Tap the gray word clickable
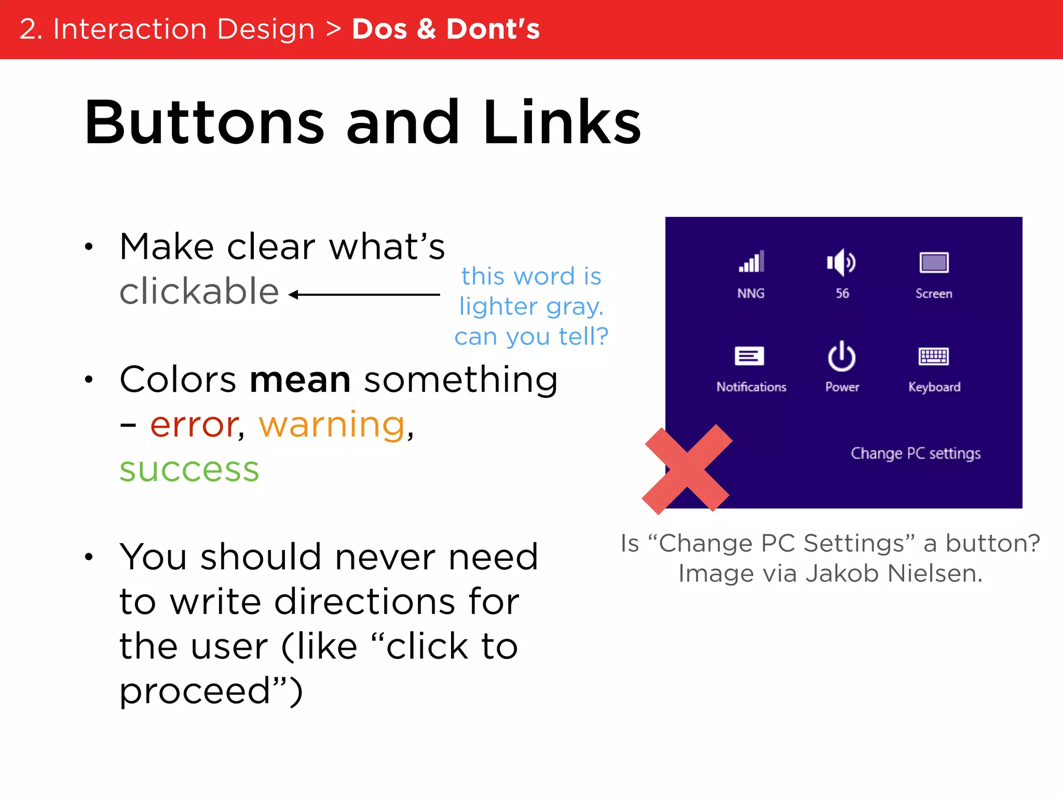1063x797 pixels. pos(199,292)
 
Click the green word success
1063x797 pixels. pos(189,470)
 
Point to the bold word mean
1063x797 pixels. pos(300,379)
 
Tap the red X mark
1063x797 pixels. pos(687,470)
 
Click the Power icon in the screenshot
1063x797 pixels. pos(841,356)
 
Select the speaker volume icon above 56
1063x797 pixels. pos(841,263)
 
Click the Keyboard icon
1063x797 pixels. pos(934,356)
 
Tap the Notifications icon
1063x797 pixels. pos(749,356)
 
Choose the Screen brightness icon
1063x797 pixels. pos(934,263)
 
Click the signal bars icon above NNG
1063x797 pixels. pos(751,263)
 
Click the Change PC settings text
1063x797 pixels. pos(916,454)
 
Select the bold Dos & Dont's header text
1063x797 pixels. pos(446,29)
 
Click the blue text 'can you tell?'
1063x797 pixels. pos(531,337)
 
